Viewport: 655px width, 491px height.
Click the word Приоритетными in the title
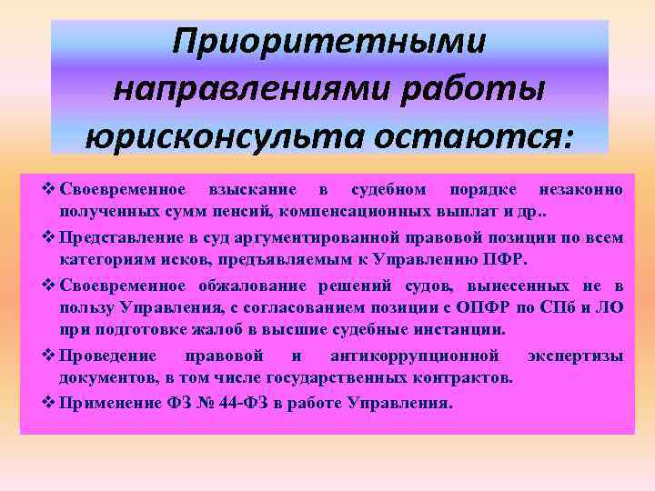click(x=329, y=43)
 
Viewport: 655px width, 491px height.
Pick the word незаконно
click(x=580, y=190)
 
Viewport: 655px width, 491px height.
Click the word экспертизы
click(x=579, y=356)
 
